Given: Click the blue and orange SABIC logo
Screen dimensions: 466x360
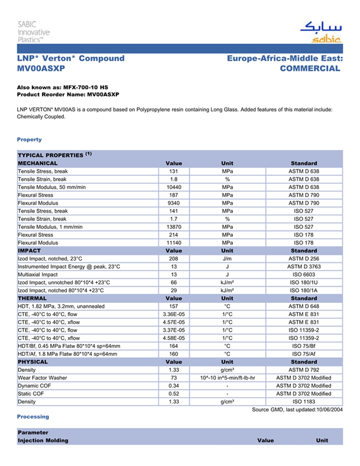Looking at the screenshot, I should click(321, 32).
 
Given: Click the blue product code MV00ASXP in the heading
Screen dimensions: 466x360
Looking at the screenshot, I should click(41, 68).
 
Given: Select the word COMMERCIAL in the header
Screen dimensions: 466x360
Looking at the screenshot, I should click(310, 68).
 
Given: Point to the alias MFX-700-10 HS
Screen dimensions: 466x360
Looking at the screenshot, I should click(86, 88).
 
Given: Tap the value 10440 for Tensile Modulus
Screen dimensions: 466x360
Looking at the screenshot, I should click(174, 187).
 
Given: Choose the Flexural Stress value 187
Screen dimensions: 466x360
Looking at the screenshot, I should click(174, 195).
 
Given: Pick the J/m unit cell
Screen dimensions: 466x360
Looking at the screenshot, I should click(227, 259).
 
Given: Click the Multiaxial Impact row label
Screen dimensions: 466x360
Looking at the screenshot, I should click(38, 275).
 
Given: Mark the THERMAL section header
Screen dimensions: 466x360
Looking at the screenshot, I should click(32, 298).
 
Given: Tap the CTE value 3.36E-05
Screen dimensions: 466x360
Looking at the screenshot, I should click(174, 314).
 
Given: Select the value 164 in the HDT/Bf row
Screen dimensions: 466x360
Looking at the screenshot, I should click(174, 346).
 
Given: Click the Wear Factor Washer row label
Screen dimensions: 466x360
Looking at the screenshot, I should click(43, 378).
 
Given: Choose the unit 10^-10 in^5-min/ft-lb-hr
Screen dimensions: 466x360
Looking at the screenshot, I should click(227, 378).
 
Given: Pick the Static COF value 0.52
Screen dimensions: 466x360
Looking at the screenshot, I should click(174, 394).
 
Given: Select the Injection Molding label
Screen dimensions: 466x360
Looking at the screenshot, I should click(43, 441).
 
